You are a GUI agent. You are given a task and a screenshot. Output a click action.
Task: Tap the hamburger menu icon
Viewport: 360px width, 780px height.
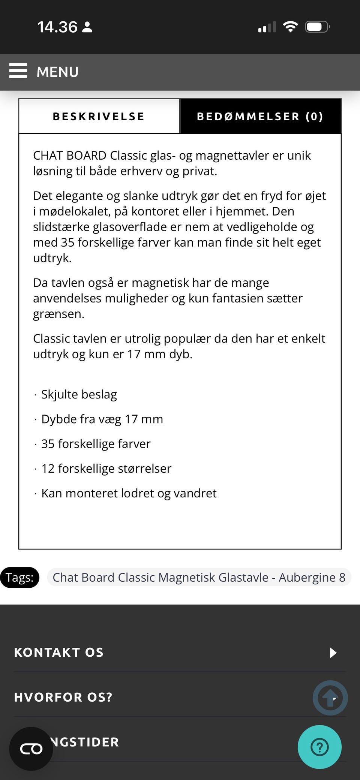pyautogui.click(x=18, y=71)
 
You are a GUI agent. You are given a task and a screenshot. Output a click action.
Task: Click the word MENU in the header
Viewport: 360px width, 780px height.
pyautogui.click(x=57, y=72)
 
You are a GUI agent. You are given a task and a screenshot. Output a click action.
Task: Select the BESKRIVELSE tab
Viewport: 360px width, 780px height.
pyautogui.click(x=99, y=117)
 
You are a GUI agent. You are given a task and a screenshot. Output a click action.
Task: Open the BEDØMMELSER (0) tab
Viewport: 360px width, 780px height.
pyautogui.click(x=260, y=117)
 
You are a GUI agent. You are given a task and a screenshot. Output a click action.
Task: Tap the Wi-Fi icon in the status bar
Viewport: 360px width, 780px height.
pyautogui.click(x=290, y=27)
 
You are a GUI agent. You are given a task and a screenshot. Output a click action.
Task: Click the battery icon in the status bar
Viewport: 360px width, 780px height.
pyautogui.click(x=317, y=27)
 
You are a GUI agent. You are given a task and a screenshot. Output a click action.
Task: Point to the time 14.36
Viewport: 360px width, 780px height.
pyautogui.click(x=57, y=27)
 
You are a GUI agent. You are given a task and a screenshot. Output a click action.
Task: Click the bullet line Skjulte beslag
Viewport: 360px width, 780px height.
pyautogui.click(x=79, y=394)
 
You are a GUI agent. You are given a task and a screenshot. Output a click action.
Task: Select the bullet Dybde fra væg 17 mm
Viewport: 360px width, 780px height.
pyautogui.click(x=102, y=419)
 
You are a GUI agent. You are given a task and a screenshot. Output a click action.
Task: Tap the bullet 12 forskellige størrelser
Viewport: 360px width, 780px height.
pyautogui.click(x=106, y=469)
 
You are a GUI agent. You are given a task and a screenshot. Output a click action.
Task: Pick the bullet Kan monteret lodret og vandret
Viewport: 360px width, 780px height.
pyautogui.click(x=129, y=493)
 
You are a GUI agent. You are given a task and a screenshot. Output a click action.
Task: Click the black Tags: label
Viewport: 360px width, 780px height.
pyautogui.click(x=19, y=578)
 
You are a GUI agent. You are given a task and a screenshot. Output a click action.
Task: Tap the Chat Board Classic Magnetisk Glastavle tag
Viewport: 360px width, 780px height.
pyautogui.click(x=199, y=578)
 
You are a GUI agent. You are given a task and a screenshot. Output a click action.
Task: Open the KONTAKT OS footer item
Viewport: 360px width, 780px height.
pyautogui.click(x=59, y=653)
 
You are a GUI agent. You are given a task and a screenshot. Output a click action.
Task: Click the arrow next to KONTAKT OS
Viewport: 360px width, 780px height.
pyautogui.click(x=333, y=653)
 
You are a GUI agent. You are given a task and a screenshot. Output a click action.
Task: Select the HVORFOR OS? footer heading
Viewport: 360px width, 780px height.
pyautogui.click(x=63, y=697)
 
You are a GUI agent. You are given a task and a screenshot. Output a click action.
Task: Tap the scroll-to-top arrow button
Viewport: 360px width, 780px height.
pyautogui.click(x=330, y=698)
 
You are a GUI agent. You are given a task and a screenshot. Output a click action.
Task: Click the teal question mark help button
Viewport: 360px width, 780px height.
pyautogui.click(x=319, y=747)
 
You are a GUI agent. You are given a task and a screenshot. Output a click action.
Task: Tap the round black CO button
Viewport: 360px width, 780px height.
pyautogui.click(x=31, y=749)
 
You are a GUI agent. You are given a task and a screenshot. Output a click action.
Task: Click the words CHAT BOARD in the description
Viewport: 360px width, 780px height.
pyautogui.click(x=70, y=156)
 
